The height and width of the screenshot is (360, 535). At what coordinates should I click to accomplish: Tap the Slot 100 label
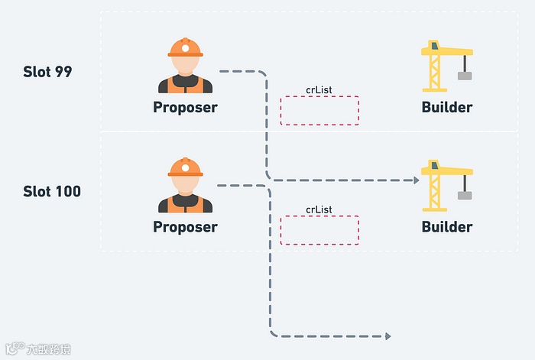tap(52, 191)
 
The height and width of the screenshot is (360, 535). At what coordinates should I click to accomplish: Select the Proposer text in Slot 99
tap(185, 107)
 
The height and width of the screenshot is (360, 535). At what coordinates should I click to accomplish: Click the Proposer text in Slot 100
tap(185, 227)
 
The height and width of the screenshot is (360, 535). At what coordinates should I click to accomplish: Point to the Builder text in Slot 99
tap(447, 107)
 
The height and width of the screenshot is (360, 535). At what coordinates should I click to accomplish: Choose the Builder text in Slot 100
tap(447, 227)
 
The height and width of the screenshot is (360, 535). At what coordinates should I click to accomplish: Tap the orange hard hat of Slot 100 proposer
tap(185, 167)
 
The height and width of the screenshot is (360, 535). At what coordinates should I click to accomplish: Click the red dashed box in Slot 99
tap(319, 111)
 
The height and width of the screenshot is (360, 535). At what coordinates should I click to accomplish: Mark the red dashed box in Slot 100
tap(319, 230)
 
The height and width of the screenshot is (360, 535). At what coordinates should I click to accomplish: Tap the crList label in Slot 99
tap(319, 90)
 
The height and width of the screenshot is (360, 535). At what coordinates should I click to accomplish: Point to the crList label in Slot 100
tap(319, 209)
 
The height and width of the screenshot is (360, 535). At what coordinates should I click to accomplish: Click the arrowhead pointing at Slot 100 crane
tap(416, 180)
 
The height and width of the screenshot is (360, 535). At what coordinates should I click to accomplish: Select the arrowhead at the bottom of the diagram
tap(387, 336)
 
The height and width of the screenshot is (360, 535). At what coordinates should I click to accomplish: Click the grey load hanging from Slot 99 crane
tap(464, 75)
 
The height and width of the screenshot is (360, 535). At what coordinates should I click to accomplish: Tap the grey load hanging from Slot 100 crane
tap(464, 195)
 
